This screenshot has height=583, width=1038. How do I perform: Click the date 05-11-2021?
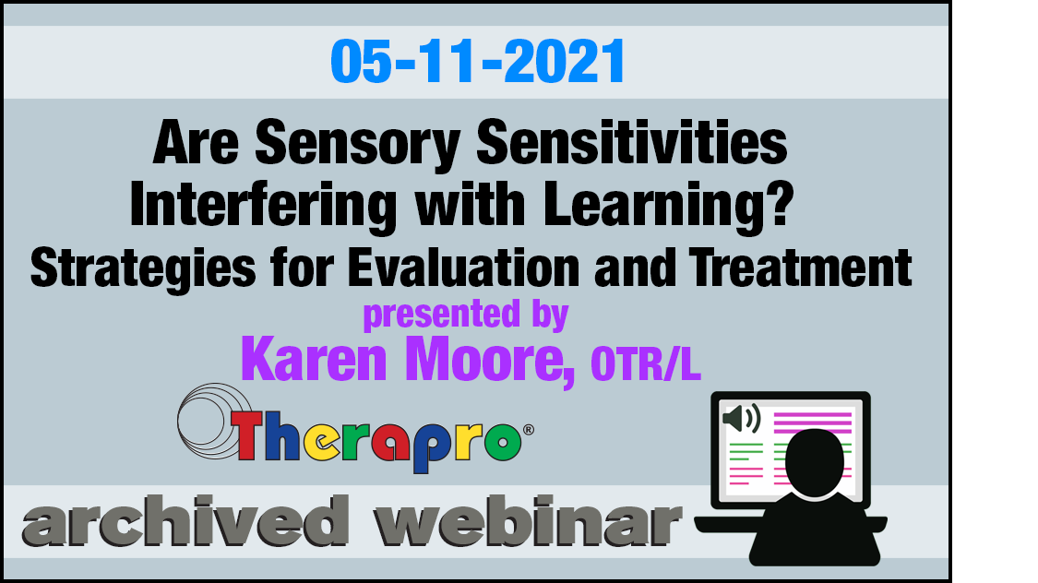tap(477, 62)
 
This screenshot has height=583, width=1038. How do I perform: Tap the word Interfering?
tap(264, 207)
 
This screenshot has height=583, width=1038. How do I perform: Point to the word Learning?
tap(669, 207)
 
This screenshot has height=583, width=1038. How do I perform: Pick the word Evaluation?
tap(463, 268)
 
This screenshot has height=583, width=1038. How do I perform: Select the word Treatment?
tap(800, 268)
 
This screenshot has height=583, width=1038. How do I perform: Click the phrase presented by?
tap(465, 315)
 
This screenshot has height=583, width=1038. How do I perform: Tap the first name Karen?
tap(314, 360)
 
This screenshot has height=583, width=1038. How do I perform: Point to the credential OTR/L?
tap(646, 364)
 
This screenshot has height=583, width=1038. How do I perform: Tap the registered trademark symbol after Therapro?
tap(529, 430)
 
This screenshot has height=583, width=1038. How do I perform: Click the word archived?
tap(185, 520)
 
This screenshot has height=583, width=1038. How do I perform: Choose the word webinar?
tap(528, 520)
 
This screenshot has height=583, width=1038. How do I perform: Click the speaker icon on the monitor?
tap(742, 418)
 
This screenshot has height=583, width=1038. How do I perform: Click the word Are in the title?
tap(196, 143)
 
